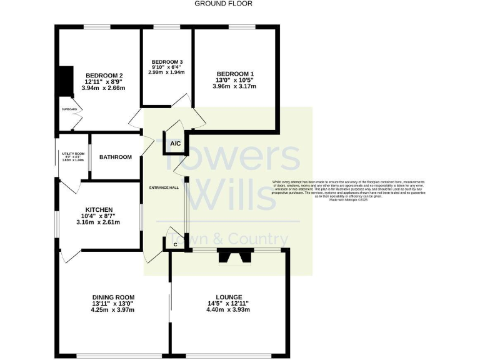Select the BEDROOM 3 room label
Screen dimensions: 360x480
pyautogui.click(x=166, y=61)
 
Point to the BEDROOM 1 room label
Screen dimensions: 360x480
pyautogui.click(x=234, y=72)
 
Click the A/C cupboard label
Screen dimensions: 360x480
pyautogui.click(x=176, y=144)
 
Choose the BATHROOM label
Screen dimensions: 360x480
pyautogui.click(x=116, y=157)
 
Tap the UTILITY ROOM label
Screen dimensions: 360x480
pyautogui.click(x=72, y=153)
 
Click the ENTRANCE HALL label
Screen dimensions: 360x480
pyautogui.click(x=164, y=187)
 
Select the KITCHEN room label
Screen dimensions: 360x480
pyautogui.click(x=99, y=209)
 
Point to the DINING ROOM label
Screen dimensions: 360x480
pyautogui.click(x=113, y=297)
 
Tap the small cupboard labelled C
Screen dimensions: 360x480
pyautogui.click(x=175, y=244)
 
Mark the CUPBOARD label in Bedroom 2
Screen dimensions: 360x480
pyautogui.click(x=69, y=109)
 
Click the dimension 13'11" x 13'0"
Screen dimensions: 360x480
pyautogui.click(x=113, y=303)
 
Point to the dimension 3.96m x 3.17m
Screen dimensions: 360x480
pyautogui.click(x=234, y=86)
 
